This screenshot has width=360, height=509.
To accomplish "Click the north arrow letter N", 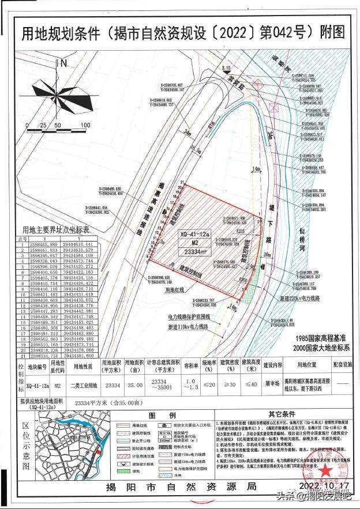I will point(65,63).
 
